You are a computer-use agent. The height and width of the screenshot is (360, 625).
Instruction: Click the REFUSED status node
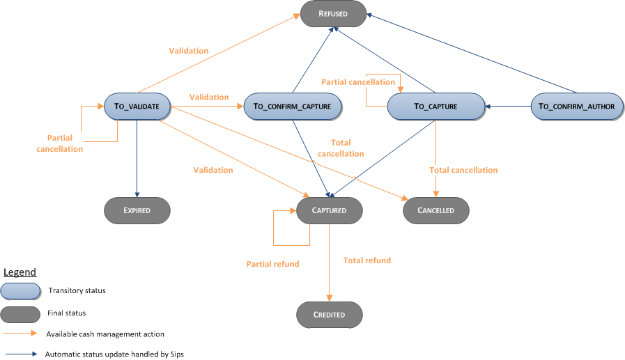point(333,13)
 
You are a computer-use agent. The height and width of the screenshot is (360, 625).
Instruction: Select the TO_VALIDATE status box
point(137,107)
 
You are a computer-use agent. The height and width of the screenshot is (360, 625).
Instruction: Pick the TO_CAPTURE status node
point(435,107)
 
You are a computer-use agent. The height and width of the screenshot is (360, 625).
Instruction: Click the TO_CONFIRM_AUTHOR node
point(577,107)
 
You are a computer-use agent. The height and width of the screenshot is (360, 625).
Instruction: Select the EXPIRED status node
point(137,210)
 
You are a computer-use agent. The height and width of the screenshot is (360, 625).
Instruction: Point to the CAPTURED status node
point(329,210)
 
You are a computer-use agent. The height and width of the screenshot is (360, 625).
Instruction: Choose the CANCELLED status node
point(436,210)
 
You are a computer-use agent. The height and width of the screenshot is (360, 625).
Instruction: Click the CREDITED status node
point(329,314)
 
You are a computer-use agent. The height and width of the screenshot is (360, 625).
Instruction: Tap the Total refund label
point(366,260)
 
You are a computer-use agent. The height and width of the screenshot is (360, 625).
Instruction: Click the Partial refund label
point(272,264)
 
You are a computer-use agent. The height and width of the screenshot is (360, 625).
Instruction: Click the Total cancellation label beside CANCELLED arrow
point(463,170)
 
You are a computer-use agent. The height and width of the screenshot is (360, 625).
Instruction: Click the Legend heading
point(20,272)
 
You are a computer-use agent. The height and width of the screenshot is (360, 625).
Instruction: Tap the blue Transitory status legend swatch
point(20,290)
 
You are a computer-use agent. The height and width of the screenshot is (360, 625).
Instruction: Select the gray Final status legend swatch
point(20,313)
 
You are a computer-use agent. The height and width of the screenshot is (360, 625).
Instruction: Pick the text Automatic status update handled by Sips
point(114,354)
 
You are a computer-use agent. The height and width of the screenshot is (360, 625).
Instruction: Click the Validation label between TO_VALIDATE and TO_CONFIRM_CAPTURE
point(208,97)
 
